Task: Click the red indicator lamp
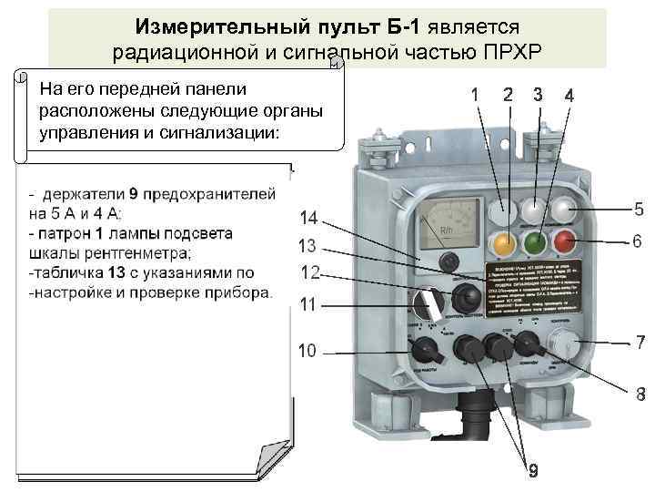(565, 241)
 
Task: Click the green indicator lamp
(533, 242)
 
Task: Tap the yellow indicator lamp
(500, 243)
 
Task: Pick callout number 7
(640, 343)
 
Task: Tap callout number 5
(640, 209)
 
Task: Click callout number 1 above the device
(474, 94)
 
